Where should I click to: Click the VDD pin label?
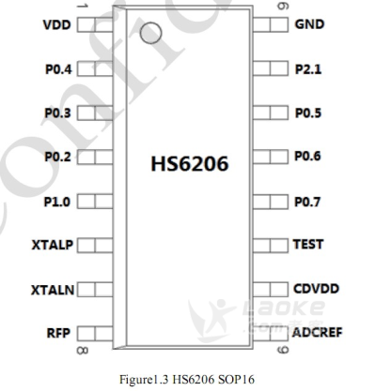point(57,25)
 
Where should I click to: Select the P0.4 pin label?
point(58,69)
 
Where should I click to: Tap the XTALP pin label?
point(53,245)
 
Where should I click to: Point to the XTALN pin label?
point(53,290)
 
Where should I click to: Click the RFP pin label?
point(58,333)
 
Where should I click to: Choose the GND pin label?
point(309,24)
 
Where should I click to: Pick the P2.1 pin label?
point(308,69)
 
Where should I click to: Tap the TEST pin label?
point(308,244)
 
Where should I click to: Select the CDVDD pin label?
point(316,289)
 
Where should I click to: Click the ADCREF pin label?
point(317,333)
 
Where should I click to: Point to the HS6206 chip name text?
point(190,163)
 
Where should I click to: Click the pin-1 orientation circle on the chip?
point(151,33)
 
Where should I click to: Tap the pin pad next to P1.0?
point(95,202)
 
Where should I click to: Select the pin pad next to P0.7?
point(270,202)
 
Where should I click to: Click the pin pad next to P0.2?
point(95,158)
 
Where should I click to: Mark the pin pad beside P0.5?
point(270,113)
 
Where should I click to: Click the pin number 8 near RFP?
point(83,351)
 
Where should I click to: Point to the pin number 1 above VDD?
point(82,6)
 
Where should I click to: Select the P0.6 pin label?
point(307,156)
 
